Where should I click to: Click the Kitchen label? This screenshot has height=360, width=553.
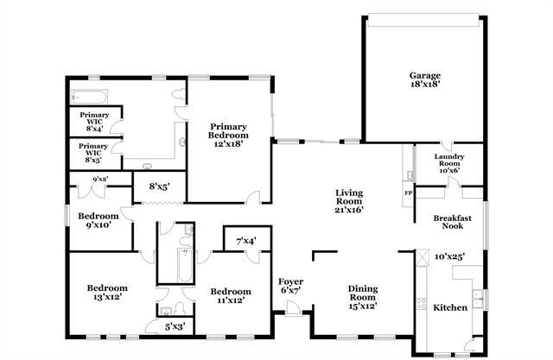(x=449, y=307)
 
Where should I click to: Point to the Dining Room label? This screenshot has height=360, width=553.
(x=363, y=295)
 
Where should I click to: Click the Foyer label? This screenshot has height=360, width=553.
(x=290, y=287)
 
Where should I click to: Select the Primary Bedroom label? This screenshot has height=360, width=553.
(x=228, y=135)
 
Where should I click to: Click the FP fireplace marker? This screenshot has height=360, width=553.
(x=408, y=193)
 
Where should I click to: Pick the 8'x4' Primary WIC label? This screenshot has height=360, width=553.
(x=93, y=122)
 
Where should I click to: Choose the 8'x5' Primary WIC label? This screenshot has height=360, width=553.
(x=93, y=153)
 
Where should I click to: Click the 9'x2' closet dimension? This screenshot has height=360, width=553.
(x=100, y=180)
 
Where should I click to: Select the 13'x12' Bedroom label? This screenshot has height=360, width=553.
(x=107, y=292)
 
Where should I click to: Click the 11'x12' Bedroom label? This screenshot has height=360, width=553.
(x=231, y=296)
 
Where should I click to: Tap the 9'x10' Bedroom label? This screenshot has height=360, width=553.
(x=98, y=220)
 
